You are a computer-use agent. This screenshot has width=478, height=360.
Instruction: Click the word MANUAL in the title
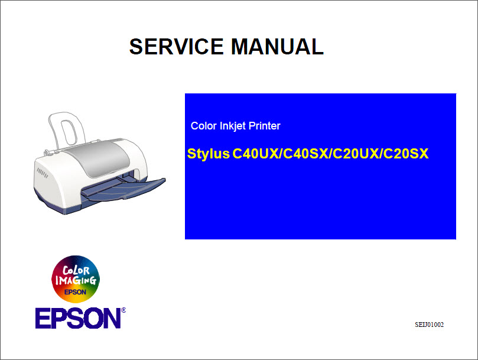pos(277,47)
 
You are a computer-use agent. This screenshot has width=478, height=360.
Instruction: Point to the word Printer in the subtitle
pos(265,126)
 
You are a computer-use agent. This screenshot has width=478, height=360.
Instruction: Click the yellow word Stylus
pos(208,154)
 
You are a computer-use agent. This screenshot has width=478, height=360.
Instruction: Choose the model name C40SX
pos(306,154)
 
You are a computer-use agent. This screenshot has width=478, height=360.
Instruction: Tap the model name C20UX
pos(356,154)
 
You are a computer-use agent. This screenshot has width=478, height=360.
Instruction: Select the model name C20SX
pos(405,154)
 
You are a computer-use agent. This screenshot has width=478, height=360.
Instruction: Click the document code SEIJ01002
pos(429,325)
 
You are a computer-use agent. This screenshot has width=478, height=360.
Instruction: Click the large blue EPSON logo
pos(78,319)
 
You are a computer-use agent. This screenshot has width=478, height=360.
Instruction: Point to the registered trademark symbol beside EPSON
pos(123,310)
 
